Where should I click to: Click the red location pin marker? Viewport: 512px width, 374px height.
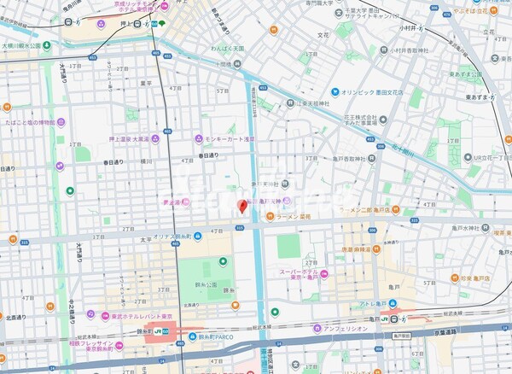(242, 206)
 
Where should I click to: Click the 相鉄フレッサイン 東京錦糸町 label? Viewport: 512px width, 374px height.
(85, 344)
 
